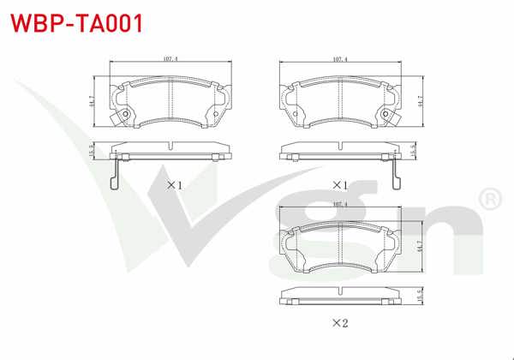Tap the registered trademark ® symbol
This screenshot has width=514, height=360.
[488, 200]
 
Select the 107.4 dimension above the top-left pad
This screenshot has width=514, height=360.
[170, 60]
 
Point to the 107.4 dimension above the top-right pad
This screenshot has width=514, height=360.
[340, 60]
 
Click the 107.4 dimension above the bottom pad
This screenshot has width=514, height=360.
[340, 206]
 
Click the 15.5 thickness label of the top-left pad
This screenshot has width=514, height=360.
[91, 151]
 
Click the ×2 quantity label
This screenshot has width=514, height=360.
[340, 323]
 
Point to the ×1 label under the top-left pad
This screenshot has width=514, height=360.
[174, 184]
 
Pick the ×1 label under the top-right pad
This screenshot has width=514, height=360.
[340, 184]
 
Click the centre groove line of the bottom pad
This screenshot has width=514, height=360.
[340, 246]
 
